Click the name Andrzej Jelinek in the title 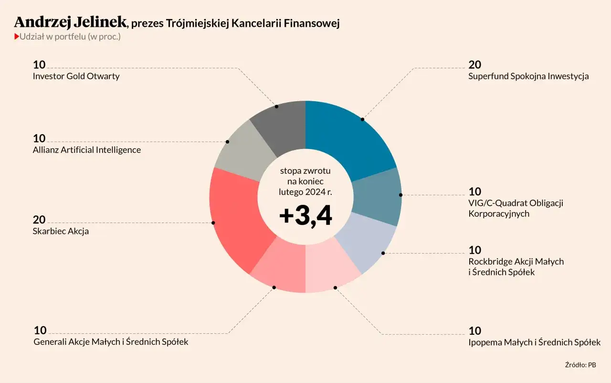tap(71, 22)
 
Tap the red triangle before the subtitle tap(17, 37)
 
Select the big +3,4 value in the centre tap(305, 216)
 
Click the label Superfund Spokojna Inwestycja tap(528, 76)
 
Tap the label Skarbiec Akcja tap(61, 231)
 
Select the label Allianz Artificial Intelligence tap(87, 150)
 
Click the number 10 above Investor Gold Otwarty tap(39, 65)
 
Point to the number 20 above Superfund tap(474, 65)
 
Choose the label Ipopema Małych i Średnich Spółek tap(534, 342)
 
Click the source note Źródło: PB tap(580, 365)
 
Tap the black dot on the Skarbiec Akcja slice tap(213, 223)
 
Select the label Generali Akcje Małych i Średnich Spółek tap(111, 342)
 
